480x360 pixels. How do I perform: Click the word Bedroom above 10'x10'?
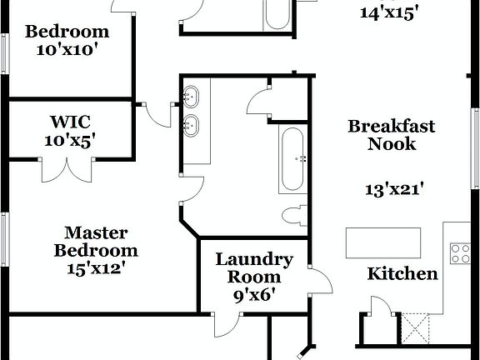(x=67, y=32)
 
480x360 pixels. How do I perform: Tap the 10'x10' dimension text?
(x=67, y=49)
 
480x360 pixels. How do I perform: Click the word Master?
(x=96, y=232)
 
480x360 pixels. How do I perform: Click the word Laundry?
(x=254, y=259)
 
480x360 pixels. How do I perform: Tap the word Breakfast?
(x=392, y=126)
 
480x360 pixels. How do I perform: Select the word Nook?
(x=392, y=143)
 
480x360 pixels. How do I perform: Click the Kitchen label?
(x=402, y=273)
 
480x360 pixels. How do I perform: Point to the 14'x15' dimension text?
(x=389, y=12)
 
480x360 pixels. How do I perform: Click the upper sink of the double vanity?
(x=192, y=96)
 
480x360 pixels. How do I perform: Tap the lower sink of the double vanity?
(x=192, y=127)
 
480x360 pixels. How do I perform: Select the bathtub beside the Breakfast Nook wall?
(x=292, y=158)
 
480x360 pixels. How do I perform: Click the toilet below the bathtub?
(x=292, y=216)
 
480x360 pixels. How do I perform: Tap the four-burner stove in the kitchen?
(x=461, y=253)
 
